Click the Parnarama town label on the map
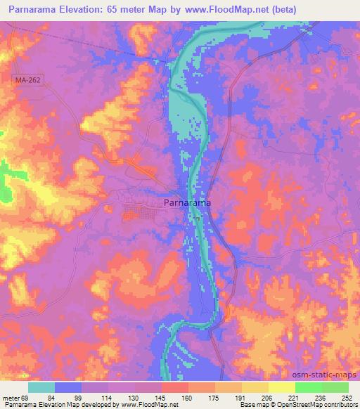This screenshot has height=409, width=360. [187, 203]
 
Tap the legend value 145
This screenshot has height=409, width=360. [161, 398]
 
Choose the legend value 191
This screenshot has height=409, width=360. [241, 398]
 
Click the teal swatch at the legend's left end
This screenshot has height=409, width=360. [41, 387]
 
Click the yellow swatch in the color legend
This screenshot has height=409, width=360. [281, 387]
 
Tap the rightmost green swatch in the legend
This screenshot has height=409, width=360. [335, 387]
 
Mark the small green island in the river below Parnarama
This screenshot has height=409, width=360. [198, 219]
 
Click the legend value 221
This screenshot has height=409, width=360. [295, 398]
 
